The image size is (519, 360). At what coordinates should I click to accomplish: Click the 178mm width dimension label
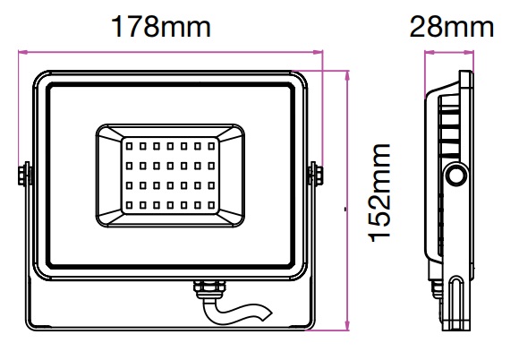click(x=161, y=27)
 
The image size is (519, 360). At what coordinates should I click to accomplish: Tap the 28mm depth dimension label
click(x=452, y=27)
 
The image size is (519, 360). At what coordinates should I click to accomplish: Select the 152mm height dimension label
click(x=379, y=193)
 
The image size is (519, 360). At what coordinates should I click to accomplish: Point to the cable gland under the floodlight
click(x=209, y=289)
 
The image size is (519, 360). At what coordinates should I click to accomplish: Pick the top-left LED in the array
click(x=129, y=146)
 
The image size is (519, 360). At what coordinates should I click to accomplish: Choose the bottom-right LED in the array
click(x=211, y=205)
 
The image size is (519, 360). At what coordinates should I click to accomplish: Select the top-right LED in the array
click(x=211, y=146)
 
